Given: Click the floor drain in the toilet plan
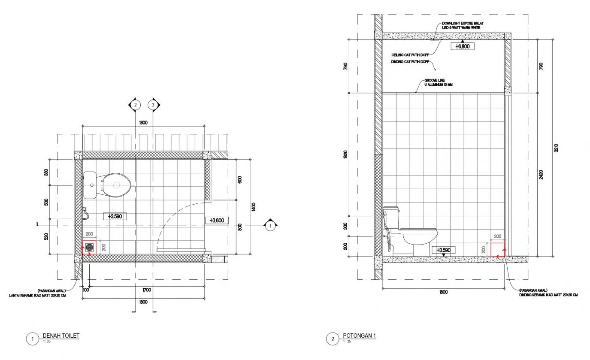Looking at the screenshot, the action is pos(90,247).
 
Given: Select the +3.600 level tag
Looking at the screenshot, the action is pos(217,221).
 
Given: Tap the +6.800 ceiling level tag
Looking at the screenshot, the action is pos(462,46).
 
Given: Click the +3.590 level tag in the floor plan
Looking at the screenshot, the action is pos(115,216).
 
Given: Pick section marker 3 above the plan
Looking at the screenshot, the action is pos(153,104).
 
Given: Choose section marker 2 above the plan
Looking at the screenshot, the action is pos(135,104).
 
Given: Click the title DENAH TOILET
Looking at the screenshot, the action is pos(61,336).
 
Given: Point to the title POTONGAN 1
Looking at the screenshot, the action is pos(359,335).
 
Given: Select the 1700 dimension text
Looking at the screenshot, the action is pos(146,290).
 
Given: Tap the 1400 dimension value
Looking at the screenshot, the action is pos(254,207).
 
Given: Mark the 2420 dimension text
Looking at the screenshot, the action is pos(541,175).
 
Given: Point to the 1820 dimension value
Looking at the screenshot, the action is pos(346,154).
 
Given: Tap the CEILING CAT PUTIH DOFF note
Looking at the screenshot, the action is pos(410,55).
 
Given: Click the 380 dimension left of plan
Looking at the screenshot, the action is pos(46,172).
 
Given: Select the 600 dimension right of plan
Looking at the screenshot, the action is pos(240,179).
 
